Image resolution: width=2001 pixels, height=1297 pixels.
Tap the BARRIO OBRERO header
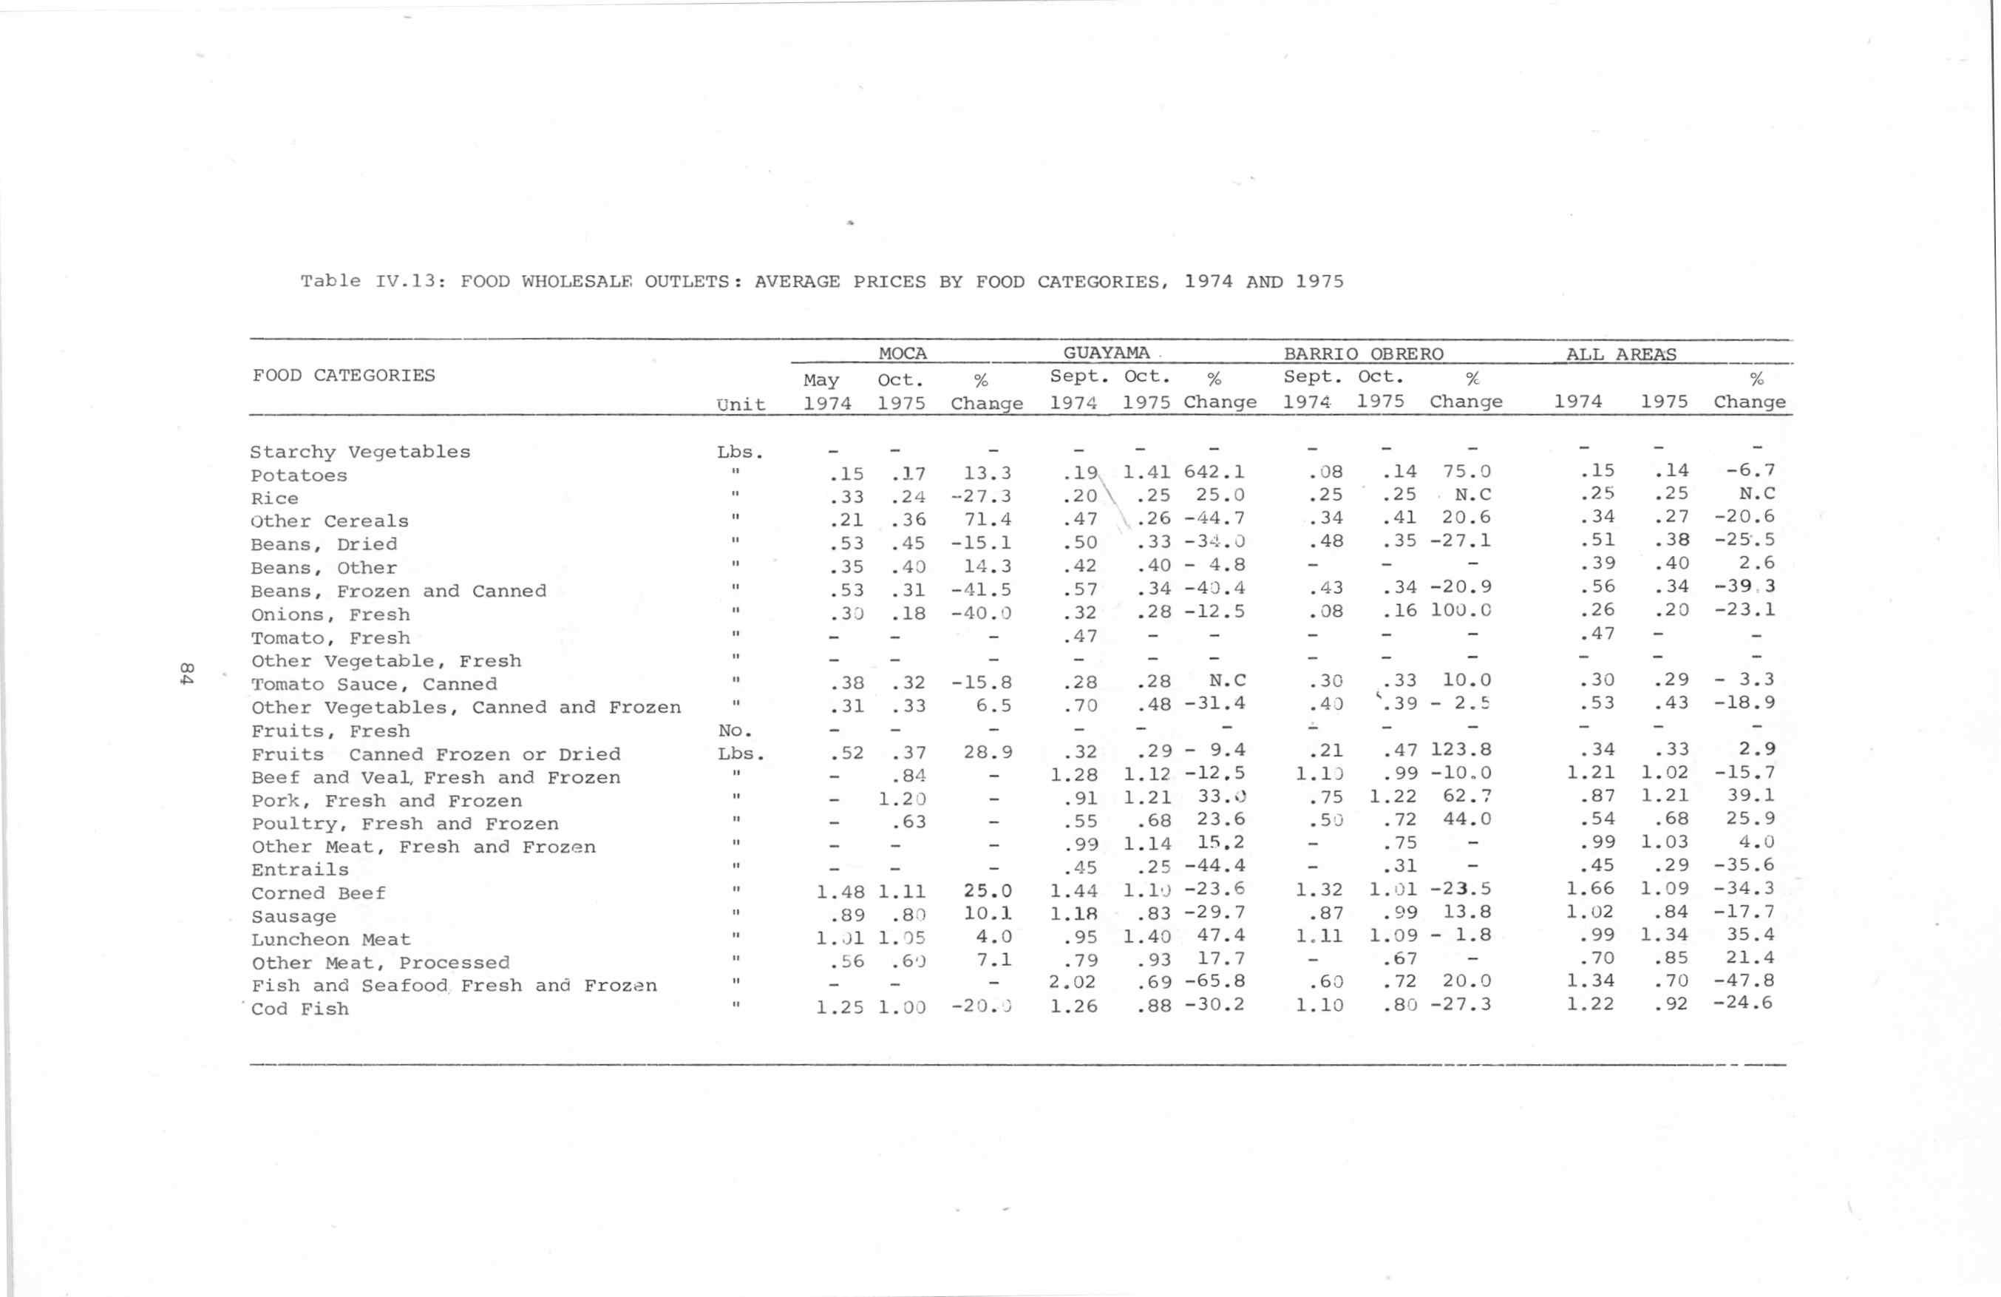[x=1363, y=354]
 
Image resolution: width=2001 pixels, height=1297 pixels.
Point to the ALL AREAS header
[x=1620, y=354]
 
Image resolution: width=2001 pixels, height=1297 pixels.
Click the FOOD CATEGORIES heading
[x=343, y=375]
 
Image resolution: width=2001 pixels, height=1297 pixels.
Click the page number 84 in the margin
[x=187, y=673]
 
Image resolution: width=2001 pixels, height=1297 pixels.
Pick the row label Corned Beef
[x=318, y=893]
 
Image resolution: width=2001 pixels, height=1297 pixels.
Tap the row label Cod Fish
[x=299, y=1009]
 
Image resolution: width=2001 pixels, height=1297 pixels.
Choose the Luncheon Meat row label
[x=330, y=940]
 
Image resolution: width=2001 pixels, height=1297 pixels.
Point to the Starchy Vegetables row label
[x=360, y=452]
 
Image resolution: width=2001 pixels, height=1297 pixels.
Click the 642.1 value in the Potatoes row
[x=1214, y=472]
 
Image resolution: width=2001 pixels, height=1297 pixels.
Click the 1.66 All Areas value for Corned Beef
[x=1590, y=888]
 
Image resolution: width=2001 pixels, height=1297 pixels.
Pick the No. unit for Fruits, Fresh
[x=735, y=731]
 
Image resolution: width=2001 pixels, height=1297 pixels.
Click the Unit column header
[x=741, y=404]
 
